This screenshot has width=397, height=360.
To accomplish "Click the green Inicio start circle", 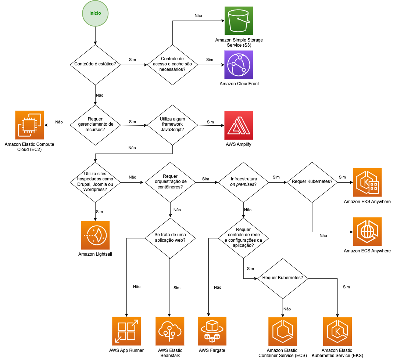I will point(95,14).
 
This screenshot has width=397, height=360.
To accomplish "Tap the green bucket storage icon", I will point(239,21).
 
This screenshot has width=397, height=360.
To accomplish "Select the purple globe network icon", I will point(239,65).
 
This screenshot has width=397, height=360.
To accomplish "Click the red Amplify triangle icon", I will point(239,125).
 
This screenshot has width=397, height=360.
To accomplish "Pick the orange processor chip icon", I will point(29,125).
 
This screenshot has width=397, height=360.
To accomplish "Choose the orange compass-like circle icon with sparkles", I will point(95,235).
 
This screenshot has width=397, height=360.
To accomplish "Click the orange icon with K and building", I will point(367,182).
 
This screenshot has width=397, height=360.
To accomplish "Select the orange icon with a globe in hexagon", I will point(367,231).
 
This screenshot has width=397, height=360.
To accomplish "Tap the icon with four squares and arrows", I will point(126,331).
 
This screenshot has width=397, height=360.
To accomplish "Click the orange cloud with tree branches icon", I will point(170,331).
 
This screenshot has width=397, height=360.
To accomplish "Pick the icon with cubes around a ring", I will point(212,331).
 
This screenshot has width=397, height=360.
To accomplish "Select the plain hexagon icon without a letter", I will point(283,331).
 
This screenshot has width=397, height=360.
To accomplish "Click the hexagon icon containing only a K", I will point(337,331).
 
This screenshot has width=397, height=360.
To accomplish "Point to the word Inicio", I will point(95,13).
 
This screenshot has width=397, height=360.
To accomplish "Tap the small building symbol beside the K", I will point(374,187).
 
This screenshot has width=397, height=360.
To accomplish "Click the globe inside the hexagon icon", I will point(367,231).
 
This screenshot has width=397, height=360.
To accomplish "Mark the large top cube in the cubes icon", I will point(212,325).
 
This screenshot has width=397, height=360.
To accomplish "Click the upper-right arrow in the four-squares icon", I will point(135,323).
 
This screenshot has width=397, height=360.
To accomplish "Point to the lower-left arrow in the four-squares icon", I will point(118,339).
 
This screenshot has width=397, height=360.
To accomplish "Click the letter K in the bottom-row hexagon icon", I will point(337,331).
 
